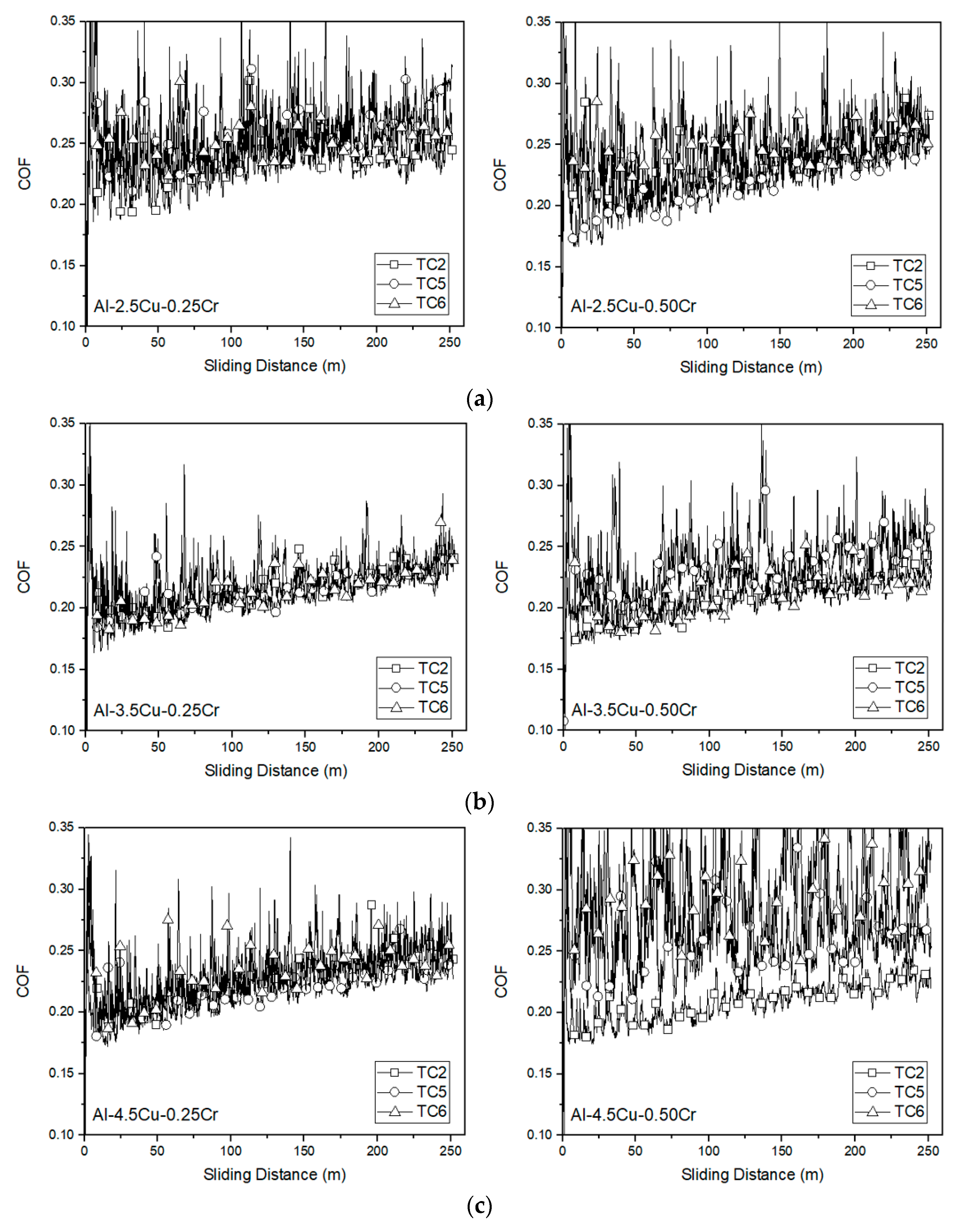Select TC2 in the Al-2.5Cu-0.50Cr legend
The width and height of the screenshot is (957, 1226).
pyautogui.click(x=908, y=266)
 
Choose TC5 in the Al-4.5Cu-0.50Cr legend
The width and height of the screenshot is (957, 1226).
pyautogui.click(x=909, y=1092)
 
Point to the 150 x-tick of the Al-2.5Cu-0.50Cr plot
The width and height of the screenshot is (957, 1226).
pyautogui.click(x=780, y=344)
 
